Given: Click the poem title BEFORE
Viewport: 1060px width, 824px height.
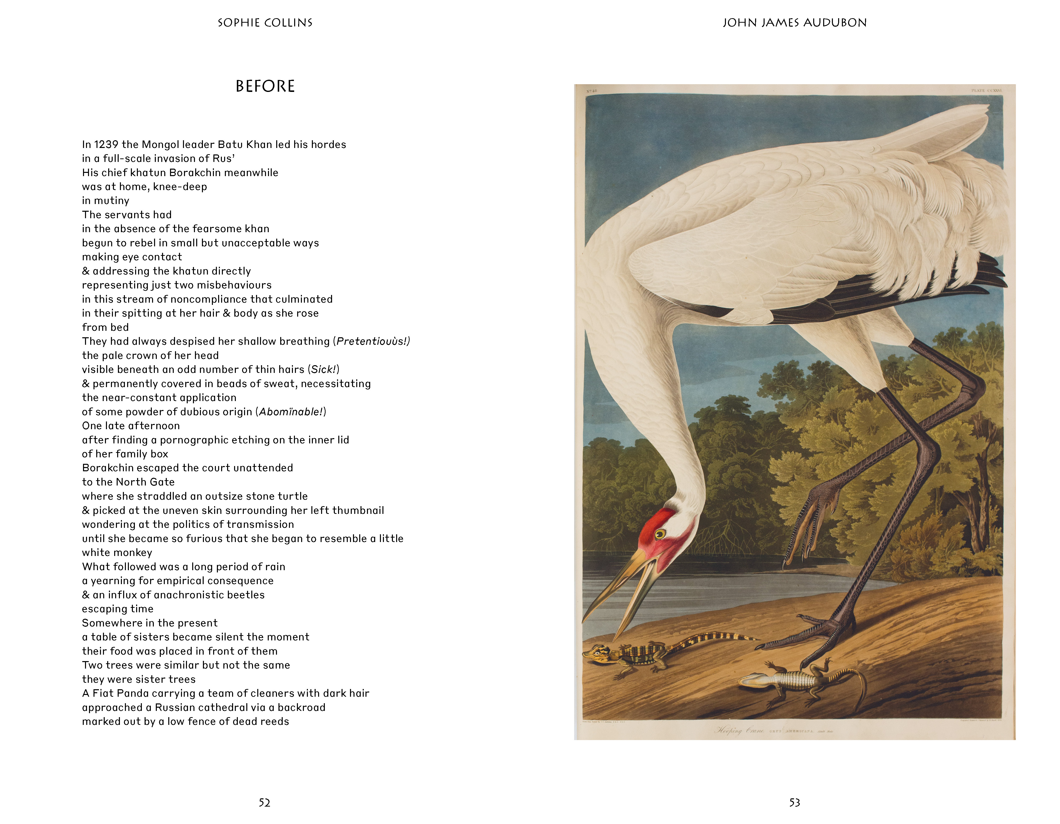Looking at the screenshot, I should point(265,86).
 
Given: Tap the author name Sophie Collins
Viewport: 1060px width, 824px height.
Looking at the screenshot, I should point(265,23).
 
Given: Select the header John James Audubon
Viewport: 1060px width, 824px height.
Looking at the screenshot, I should point(795,23).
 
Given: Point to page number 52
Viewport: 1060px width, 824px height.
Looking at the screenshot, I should point(265,803).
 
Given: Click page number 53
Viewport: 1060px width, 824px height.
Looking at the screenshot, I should point(795,803).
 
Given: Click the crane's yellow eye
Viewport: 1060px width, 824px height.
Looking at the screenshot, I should point(660,535).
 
